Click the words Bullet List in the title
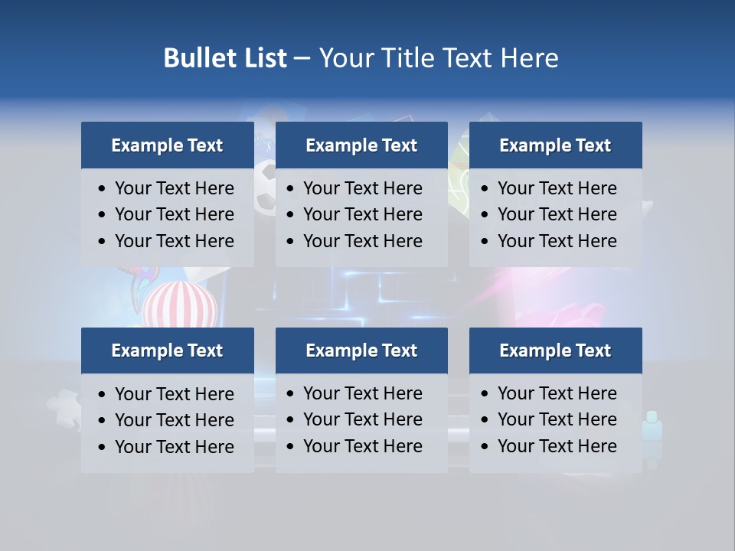[x=225, y=58]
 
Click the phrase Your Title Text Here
[x=439, y=58]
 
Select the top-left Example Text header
[x=167, y=145]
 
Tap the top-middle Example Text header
[x=361, y=145]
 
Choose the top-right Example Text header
[x=555, y=145]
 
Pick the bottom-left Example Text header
[x=167, y=350]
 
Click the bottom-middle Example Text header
[x=361, y=350]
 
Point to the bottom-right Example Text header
[x=555, y=350]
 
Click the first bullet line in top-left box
[x=174, y=188]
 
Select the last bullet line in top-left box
[x=174, y=241]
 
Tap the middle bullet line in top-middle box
[x=362, y=214]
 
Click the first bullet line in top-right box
[x=557, y=188]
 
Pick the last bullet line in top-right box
[x=557, y=241]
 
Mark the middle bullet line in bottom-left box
[x=174, y=420]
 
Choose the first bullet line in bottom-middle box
[x=362, y=393]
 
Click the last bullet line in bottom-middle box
[x=362, y=446]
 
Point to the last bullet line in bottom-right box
[x=557, y=446]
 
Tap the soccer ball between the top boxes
[x=265, y=187]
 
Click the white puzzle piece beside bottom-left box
[x=64, y=410]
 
